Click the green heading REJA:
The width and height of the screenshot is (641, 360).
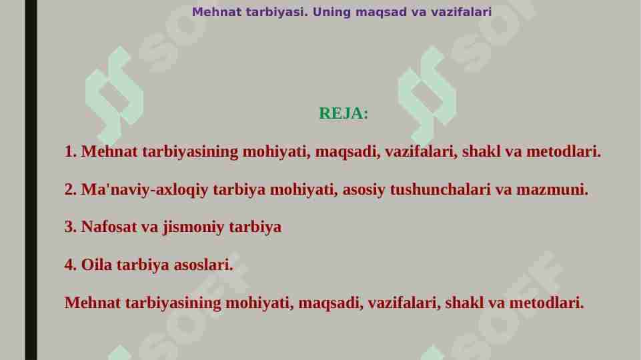(x=344, y=113)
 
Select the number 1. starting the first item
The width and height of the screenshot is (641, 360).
(x=71, y=152)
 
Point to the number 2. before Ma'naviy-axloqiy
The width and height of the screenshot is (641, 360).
(x=71, y=190)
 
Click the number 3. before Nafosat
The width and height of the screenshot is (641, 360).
(x=71, y=227)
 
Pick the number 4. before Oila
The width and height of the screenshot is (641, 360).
(x=71, y=265)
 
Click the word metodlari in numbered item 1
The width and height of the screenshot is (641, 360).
(x=564, y=152)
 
